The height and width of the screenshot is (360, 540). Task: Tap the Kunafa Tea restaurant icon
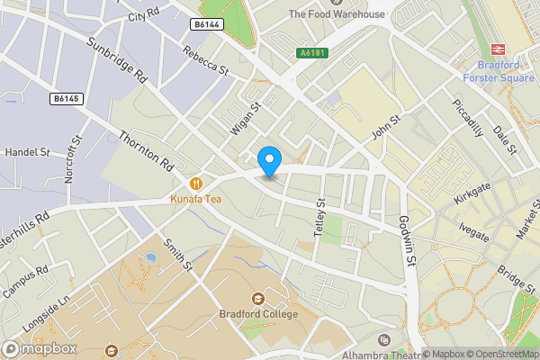tap(196, 182)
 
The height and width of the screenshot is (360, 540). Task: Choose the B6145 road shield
tap(65, 98)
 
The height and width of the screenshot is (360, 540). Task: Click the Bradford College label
tap(258, 314)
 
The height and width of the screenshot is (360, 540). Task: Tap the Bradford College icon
tap(258, 298)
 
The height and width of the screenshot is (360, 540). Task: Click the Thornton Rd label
tap(146, 150)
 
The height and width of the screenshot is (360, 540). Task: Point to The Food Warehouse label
tap(337, 14)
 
